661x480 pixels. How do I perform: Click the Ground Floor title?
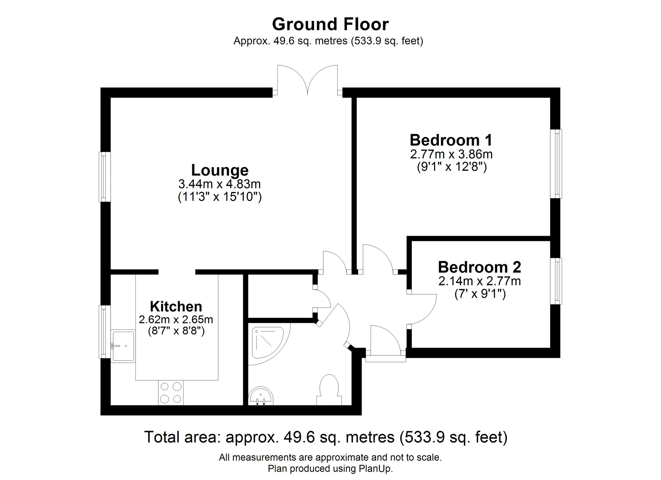click(330, 24)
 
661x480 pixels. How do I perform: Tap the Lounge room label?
click(220, 170)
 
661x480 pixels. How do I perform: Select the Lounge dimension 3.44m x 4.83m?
click(220, 184)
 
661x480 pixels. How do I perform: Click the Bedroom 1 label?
click(451, 140)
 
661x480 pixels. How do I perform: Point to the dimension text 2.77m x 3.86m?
click(451, 154)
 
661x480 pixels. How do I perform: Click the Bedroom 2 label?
click(480, 267)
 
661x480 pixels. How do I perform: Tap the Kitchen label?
click(176, 306)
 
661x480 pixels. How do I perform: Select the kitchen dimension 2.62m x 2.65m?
click(176, 320)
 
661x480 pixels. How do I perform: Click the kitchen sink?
click(123, 346)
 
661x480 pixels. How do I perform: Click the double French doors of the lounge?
click(307, 80)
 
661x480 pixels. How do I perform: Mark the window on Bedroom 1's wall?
click(556, 164)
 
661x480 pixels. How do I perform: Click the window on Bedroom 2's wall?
click(556, 281)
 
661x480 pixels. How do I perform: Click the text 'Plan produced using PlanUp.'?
click(330, 469)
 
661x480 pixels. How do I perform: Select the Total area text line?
click(326, 437)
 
